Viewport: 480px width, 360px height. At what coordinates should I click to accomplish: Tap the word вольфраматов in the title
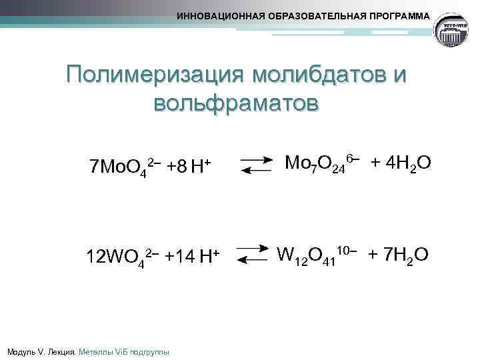point(237,105)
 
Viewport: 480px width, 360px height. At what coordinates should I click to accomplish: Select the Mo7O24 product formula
point(321,163)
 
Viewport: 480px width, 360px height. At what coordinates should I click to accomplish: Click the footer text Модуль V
point(27,351)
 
